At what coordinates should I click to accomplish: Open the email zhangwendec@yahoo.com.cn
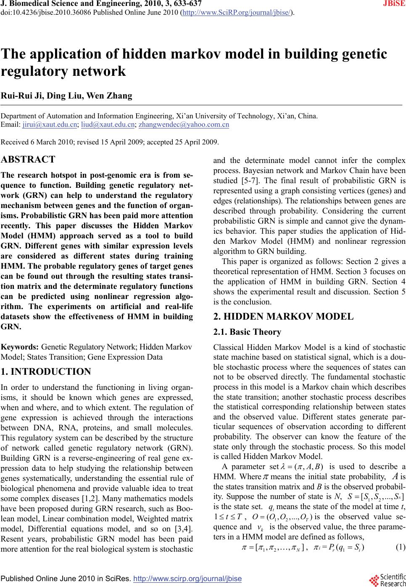point(184,125)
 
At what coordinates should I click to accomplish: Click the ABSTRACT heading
point(28,160)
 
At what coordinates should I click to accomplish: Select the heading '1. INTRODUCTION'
point(46,372)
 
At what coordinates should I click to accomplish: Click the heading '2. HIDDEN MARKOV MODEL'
point(283,317)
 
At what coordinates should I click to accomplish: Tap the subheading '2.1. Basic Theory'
point(247,332)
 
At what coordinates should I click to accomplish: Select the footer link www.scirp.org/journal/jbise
point(187,579)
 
